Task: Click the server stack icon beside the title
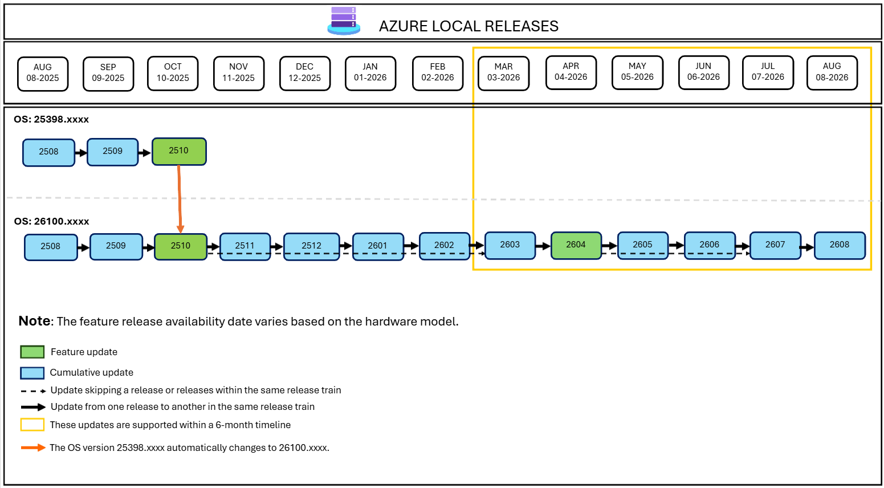(x=344, y=21)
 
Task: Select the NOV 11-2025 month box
(x=239, y=74)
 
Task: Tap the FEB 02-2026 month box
(x=438, y=74)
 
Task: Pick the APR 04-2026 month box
(x=571, y=72)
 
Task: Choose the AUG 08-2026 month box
(x=832, y=72)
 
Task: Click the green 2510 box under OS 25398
(x=179, y=151)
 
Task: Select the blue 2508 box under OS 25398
(x=48, y=152)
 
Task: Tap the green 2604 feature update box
(x=576, y=245)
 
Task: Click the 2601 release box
(x=378, y=246)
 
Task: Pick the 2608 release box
(x=840, y=245)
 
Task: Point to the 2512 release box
(x=311, y=246)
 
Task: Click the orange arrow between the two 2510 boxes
(x=180, y=200)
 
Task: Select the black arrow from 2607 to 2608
(x=808, y=247)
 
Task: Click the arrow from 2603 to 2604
(x=543, y=246)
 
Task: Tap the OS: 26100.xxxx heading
(x=52, y=221)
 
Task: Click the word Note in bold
(x=34, y=320)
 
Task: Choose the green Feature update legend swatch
(x=32, y=352)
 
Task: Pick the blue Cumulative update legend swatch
(x=32, y=373)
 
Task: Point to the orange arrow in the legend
(x=33, y=448)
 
